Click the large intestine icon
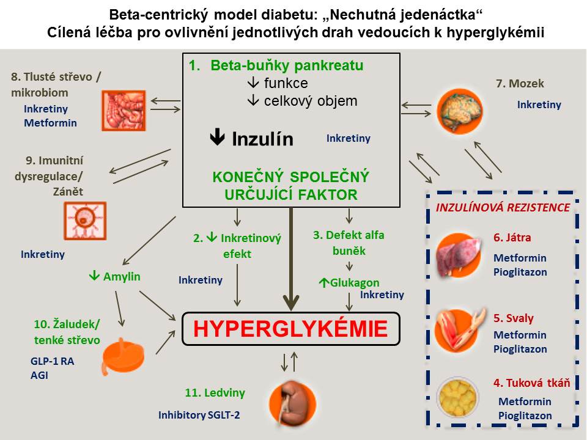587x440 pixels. [x=124, y=110]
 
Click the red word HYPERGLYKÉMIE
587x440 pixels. [x=290, y=329]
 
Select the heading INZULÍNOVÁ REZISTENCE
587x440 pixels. [x=503, y=207]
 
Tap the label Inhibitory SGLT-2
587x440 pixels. [x=199, y=415]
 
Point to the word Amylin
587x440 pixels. [x=122, y=276]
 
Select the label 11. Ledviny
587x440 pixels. [x=215, y=392]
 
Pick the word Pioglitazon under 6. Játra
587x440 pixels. [x=520, y=272]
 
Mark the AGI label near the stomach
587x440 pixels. [x=39, y=376]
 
